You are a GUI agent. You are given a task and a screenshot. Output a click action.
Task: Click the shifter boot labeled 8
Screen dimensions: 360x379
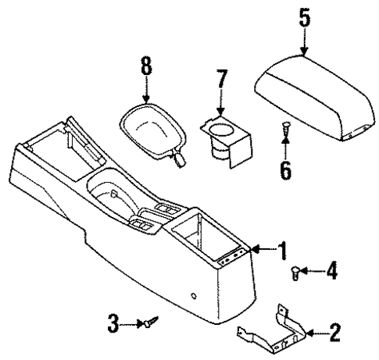(152, 129)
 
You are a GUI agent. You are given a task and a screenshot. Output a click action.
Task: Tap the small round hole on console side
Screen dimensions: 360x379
(192, 296)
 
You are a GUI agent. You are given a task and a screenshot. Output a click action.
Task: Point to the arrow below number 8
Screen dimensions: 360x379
(145, 92)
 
